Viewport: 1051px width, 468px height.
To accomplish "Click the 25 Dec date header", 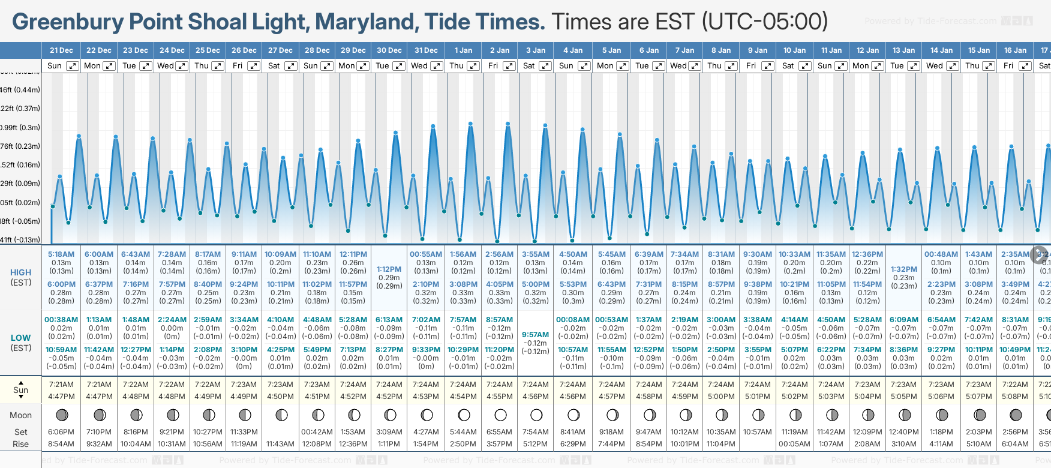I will pos(208,50).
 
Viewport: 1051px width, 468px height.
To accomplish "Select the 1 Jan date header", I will pos(463,50).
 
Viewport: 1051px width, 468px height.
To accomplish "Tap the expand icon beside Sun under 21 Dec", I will pos(72,66).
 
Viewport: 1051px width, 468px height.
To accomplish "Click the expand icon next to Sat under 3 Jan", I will pos(545,66).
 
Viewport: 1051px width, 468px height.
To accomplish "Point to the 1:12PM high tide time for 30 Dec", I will pos(389,269).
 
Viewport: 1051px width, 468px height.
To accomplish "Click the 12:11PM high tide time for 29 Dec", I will pos(353,254).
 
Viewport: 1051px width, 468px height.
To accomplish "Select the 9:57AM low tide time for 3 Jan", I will pos(535,335).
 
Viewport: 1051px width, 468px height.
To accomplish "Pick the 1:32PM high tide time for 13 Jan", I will pos(903,269).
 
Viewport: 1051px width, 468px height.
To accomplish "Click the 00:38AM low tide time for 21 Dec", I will pos(61,320).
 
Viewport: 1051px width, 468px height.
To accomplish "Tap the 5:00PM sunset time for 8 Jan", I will pos(721,397).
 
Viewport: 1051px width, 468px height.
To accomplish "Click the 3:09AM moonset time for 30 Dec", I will pos(389,432).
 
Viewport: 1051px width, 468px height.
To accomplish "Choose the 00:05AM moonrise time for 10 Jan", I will pos(794,444).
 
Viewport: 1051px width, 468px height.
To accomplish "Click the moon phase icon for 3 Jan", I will pos(536,415).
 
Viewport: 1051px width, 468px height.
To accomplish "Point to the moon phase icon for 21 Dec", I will pos(61,415).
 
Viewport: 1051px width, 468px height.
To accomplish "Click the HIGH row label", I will pos(20,272).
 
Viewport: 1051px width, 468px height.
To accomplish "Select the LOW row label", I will pos(20,338).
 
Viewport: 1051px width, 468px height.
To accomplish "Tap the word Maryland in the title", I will pos(367,22).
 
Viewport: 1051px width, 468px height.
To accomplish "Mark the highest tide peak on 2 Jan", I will pos(508,124).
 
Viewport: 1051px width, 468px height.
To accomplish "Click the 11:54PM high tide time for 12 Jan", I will pos(867,284).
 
